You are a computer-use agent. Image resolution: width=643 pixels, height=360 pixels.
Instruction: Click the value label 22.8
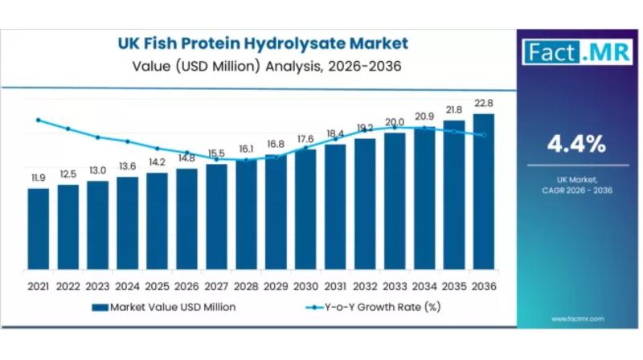coord(484,103)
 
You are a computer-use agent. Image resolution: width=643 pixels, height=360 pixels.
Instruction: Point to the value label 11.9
coord(38,178)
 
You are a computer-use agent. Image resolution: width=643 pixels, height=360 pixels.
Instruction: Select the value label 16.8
coord(276,144)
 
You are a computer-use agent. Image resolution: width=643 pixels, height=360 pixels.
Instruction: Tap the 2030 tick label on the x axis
coord(305,286)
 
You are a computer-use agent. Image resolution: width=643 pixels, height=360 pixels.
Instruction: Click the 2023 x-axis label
coord(97,286)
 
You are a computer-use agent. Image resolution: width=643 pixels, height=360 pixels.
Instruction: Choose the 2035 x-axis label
coord(454,286)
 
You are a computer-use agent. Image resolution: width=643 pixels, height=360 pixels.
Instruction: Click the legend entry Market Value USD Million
coord(164,307)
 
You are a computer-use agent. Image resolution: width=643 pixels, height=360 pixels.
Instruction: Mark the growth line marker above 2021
coord(38,120)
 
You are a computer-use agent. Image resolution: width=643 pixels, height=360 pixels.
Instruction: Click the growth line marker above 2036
coord(484,135)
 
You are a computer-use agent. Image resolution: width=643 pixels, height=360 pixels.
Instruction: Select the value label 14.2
coord(157,162)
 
